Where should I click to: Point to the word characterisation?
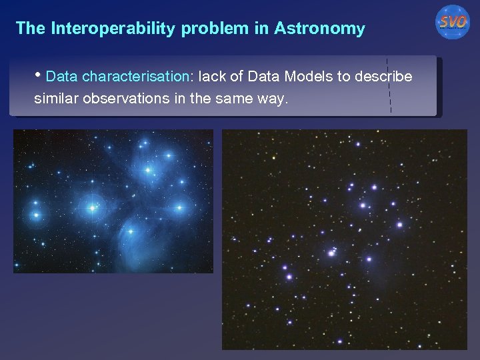pos(136,77)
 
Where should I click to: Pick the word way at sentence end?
pos(275,99)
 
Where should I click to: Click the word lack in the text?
pos(209,77)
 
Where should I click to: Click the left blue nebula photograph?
pos(113,201)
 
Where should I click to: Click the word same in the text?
pos(239,99)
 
